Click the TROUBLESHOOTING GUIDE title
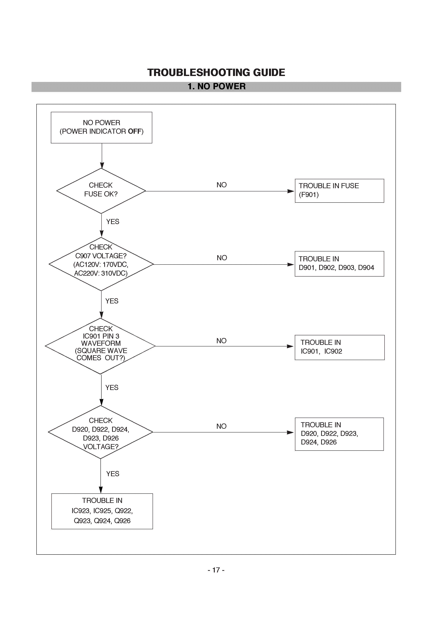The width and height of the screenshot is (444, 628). click(x=216, y=72)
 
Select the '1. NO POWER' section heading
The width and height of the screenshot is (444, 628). click(x=217, y=86)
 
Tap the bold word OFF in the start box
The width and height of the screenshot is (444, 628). click(x=135, y=131)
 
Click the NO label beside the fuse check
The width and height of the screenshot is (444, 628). click(x=221, y=185)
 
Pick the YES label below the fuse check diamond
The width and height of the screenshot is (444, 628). click(x=113, y=222)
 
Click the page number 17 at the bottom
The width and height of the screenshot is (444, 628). click(x=216, y=570)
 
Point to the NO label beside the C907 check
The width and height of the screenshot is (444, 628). click(x=222, y=258)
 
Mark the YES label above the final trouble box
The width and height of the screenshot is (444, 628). click(x=113, y=474)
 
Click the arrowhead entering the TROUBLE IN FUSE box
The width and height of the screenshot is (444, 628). click(x=291, y=191)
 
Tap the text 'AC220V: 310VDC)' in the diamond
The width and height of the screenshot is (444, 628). click(x=101, y=273)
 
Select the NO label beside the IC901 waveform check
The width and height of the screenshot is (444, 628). click(x=221, y=341)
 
